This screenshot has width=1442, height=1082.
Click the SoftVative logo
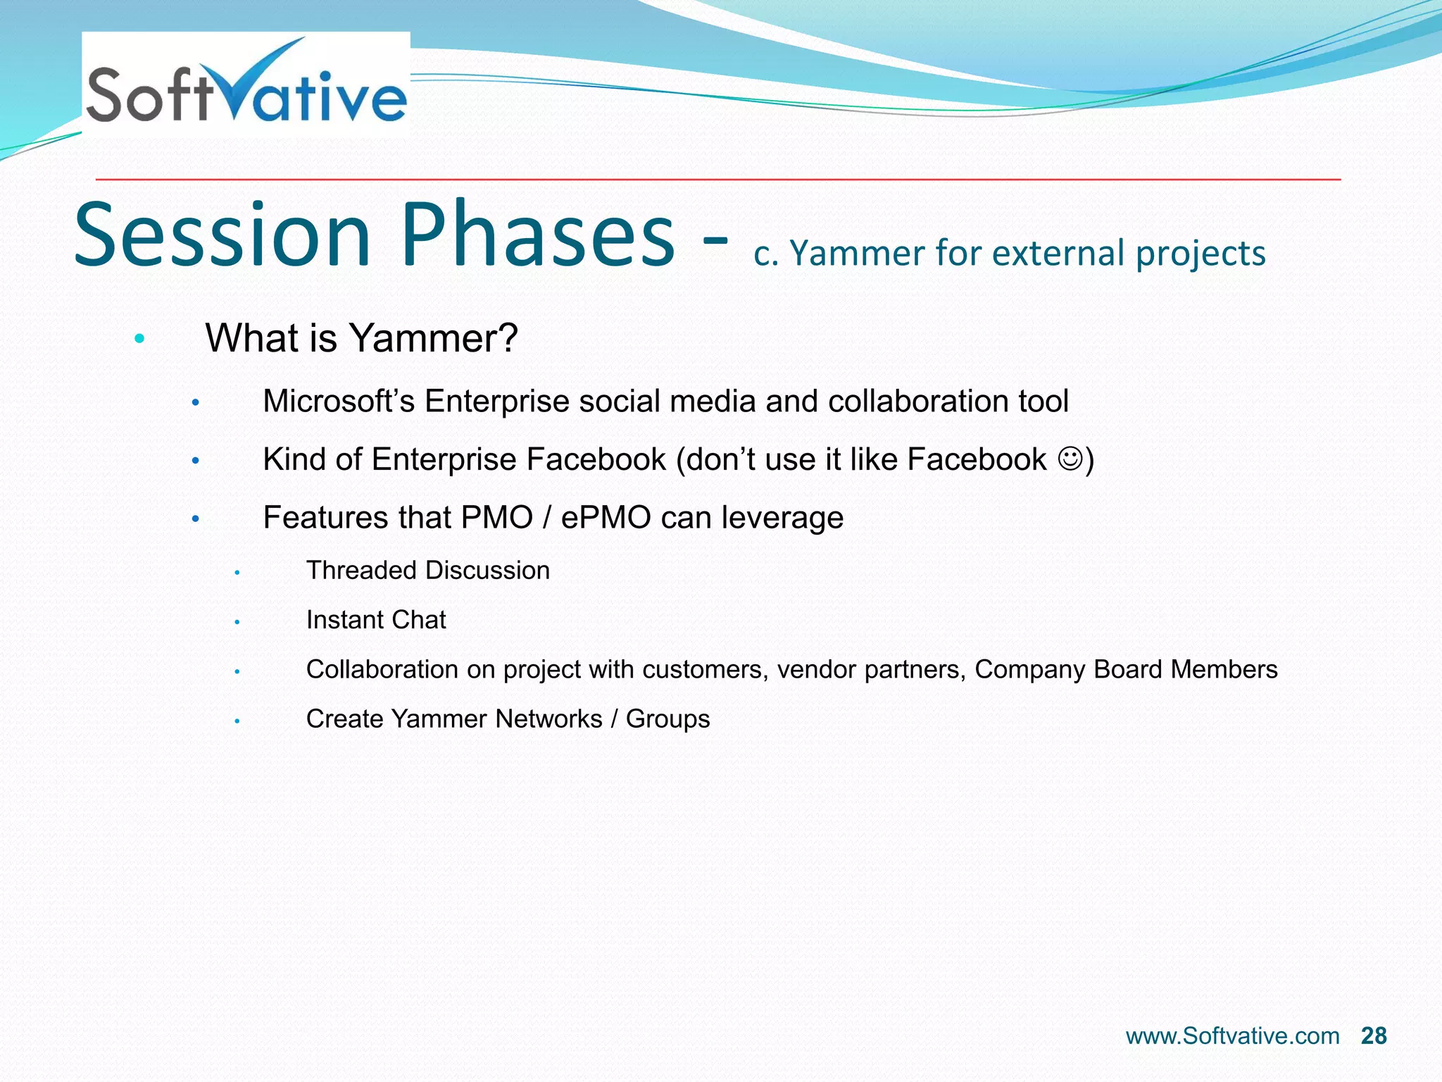[x=246, y=85]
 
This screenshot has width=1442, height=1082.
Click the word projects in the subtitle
[x=1200, y=254]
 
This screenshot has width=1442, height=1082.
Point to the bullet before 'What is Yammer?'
[x=139, y=340]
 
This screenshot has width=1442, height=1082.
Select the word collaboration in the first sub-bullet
[x=918, y=402]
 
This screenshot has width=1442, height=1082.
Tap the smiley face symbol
[x=1070, y=459]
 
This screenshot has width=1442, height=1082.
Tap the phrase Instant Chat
[x=376, y=620]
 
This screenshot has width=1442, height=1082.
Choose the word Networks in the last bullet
[x=548, y=719]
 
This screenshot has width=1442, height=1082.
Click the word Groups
[x=667, y=719]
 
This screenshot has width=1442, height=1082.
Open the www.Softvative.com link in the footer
[x=1232, y=1036]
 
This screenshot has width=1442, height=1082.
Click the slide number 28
[x=1373, y=1036]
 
